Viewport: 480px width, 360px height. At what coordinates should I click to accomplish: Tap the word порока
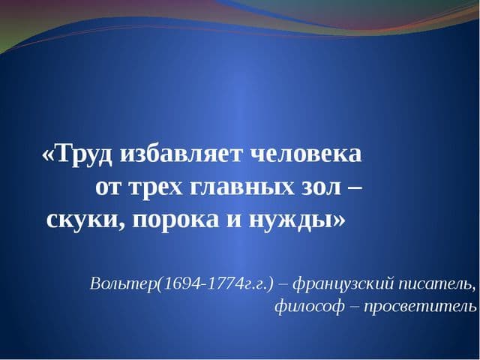pyautogui.click(x=175, y=221)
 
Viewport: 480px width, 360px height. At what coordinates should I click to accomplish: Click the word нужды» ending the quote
pyautogui.click(x=296, y=221)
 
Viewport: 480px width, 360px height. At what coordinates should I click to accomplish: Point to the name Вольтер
pyautogui.click(x=123, y=284)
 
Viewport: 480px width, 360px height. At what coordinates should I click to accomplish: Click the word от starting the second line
pyautogui.click(x=110, y=188)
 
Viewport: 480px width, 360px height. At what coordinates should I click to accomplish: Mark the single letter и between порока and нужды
pyautogui.click(x=233, y=221)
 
